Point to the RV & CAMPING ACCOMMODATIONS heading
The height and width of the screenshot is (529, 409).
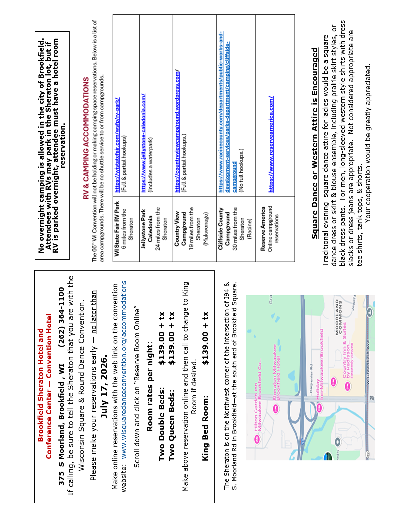tap(86, 138)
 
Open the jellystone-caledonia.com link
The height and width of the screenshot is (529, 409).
tap(143, 143)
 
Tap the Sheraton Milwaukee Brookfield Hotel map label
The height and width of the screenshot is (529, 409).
tap(277, 372)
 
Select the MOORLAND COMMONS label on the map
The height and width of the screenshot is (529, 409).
tap(339, 317)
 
